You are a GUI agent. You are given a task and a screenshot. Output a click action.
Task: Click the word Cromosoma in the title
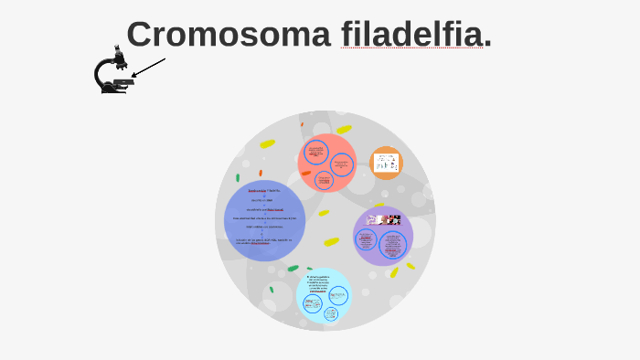229,35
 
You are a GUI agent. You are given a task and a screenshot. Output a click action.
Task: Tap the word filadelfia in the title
411,35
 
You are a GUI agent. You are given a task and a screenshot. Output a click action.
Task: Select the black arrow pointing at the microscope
148,68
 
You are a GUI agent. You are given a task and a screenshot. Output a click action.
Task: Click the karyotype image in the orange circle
386,163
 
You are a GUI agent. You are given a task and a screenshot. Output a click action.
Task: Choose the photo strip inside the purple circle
384,220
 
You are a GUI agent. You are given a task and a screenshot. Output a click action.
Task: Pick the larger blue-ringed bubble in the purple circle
394,245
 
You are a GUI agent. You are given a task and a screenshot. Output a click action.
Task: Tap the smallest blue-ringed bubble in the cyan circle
330,313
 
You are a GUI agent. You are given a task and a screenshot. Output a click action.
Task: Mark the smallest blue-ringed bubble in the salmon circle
323,179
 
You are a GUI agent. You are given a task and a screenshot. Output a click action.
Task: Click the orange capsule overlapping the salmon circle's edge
306,172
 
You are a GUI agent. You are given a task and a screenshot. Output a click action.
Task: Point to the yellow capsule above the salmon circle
344,130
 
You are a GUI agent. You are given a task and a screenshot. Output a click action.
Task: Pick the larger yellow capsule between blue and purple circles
331,242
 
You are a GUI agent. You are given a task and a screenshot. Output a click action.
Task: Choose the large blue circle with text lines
264,221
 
